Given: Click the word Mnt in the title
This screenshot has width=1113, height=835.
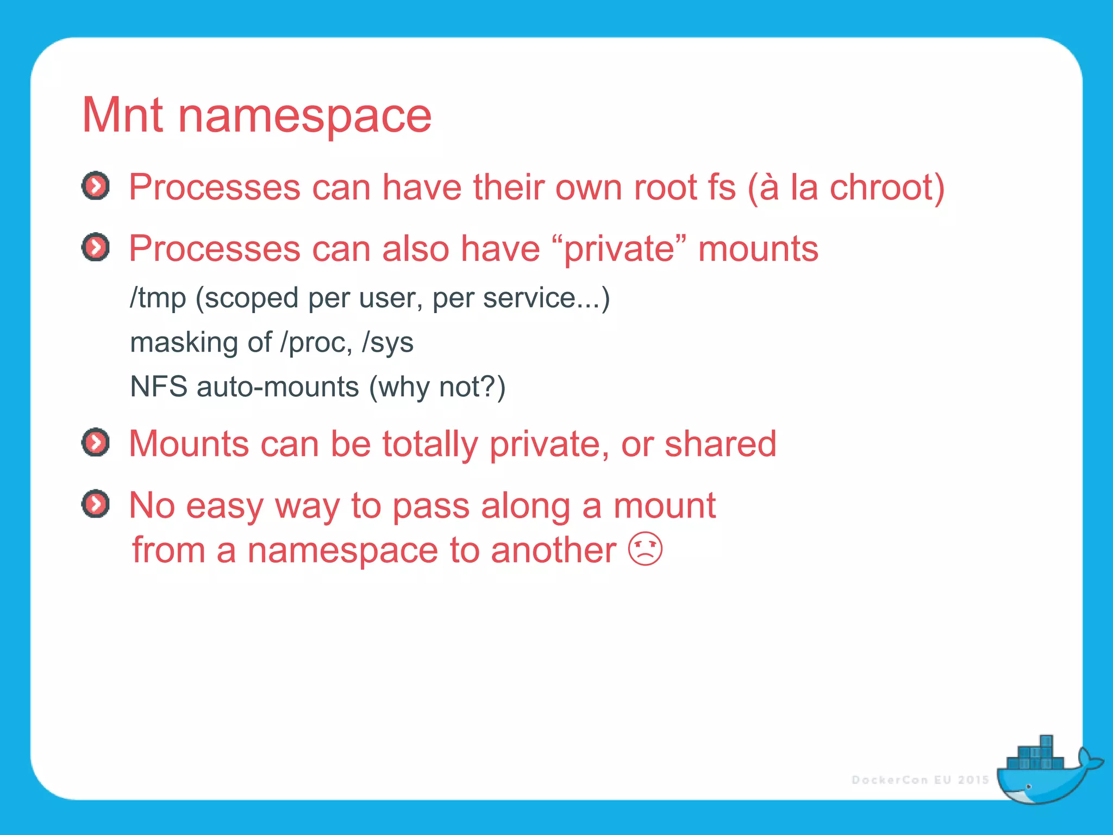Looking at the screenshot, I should pyautogui.click(x=122, y=115).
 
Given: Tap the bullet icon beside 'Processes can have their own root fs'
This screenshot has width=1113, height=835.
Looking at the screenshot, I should pyautogui.click(x=96, y=186).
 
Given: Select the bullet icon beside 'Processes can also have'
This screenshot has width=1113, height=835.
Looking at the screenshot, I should pyautogui.click(x=96, y=248).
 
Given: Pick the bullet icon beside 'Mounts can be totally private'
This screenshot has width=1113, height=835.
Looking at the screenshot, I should pyautogui.click(x=96, y=443).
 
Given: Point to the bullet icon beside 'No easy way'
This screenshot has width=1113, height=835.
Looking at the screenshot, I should pyautogui.click(x=96, y=504).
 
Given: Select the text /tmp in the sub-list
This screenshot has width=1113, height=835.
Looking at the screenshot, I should pyautogui.click(x=158, y=298).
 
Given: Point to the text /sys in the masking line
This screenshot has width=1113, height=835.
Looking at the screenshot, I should pyautogui.click(x=387, y=343).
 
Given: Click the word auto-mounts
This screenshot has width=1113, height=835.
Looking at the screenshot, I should pyautogui.click(x=278, y=387).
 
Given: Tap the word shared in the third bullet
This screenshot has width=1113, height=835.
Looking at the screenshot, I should pyautogui.click(x=721, y=444).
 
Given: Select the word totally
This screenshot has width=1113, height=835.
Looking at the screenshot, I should pyautogui.click(x=430, y=445).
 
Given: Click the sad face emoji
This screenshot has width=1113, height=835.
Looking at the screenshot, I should pyautogui.click(x=645, y=549).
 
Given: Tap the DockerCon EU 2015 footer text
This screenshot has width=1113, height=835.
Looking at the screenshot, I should pyautogui.click(x=920, y=780).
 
